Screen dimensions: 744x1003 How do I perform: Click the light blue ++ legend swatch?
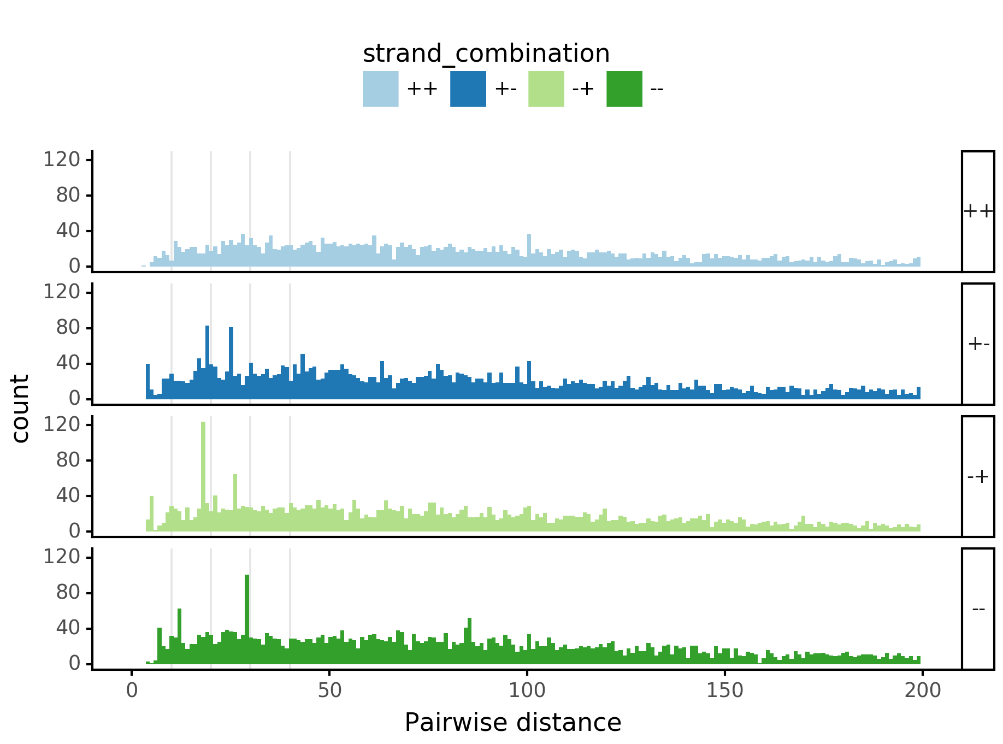[380, 89]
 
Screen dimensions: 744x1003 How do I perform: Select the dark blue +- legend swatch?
[468, 89]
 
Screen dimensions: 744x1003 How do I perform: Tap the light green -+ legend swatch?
[546, 89]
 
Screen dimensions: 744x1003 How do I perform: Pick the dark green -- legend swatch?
[624, 89]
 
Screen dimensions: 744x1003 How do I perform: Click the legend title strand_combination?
[486, 54]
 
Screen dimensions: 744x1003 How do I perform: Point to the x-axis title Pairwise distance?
[512, 723]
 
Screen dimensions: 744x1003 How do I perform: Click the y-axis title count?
[21, 409]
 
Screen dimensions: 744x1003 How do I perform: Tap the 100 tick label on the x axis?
[527, 690]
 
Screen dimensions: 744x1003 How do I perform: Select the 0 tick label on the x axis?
[132, 690]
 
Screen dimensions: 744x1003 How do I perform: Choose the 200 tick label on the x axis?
[922, 690]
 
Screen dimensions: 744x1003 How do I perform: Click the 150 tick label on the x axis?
[724, 690]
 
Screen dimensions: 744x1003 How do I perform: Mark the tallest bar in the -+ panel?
[203, 475]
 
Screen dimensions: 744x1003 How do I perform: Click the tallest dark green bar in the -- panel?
[247, 617]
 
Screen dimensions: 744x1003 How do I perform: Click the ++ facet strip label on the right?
[977, 211]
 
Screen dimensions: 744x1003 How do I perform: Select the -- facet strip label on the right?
[978, 609]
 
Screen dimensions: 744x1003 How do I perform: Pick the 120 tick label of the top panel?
[61, 160]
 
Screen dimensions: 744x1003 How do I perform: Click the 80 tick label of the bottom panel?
[68, 593]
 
